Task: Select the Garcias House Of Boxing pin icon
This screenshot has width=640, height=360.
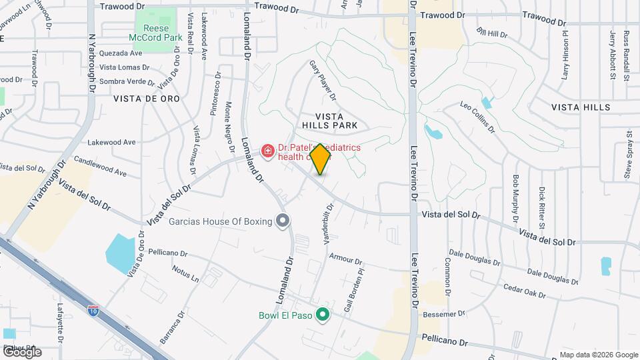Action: (283, 221)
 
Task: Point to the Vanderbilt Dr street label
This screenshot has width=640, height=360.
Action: (328, 224)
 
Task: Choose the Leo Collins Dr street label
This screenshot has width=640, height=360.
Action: (478, 116)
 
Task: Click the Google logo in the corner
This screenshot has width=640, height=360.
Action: (21, 352)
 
